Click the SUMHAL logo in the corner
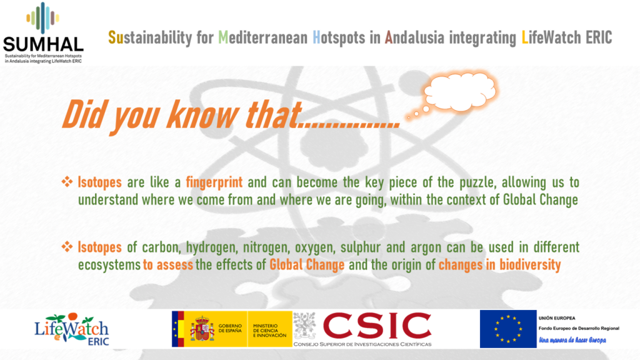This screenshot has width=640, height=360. coord(43,32)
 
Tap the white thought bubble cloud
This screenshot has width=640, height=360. coord(460,91)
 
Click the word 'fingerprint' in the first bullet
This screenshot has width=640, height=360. coord(214,182)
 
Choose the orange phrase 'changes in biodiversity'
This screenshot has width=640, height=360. coord(499,265)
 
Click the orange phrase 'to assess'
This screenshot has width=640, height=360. coord(167,265)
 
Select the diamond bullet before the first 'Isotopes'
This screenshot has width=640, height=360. coord(67,181)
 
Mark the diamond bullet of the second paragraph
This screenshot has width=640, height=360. coord(67,246)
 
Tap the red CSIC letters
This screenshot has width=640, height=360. coord(377,326)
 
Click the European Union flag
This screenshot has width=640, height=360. coord(508,329)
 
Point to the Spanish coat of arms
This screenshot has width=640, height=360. coord(202,328)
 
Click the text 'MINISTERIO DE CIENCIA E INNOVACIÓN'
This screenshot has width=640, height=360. coord(270,330)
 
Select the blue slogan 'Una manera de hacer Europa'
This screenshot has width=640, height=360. coord(572,340)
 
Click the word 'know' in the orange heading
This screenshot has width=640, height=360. coord(202,115)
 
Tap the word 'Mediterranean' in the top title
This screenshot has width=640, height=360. coord(263,37)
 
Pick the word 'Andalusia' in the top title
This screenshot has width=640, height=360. coord(414,37)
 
